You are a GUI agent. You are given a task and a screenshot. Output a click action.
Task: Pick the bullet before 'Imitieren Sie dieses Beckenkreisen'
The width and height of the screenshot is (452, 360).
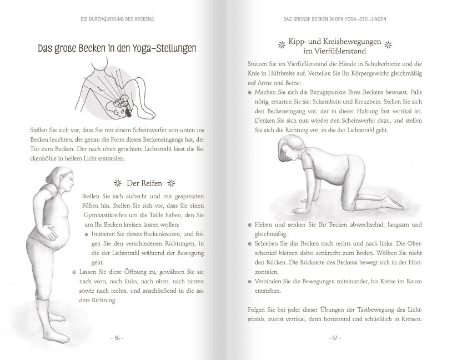click(88, 236)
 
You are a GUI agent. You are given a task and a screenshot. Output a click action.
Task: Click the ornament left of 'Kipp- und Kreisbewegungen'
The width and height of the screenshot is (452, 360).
click(279, 42)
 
